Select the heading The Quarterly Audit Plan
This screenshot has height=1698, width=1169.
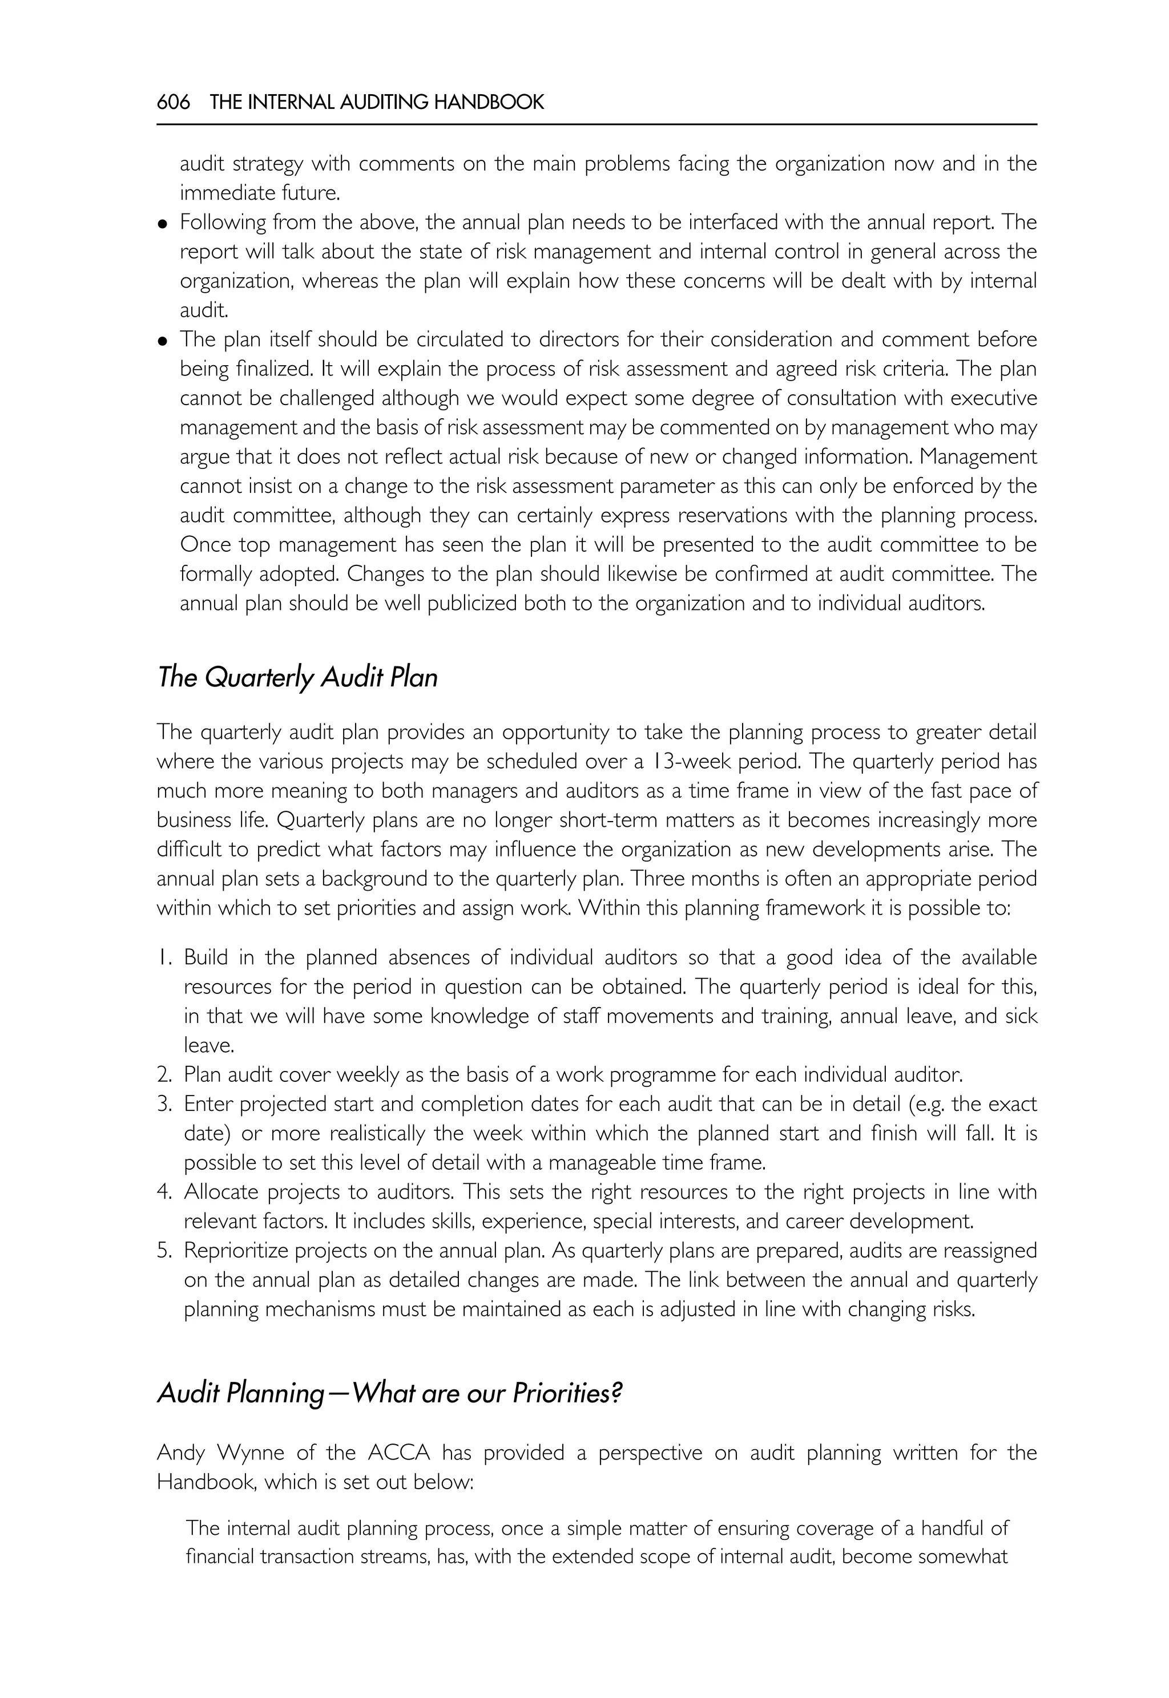click(x=297, y=677)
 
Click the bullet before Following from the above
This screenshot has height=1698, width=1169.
click(x=163, y=223)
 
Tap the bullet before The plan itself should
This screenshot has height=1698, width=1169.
click(x=163, y=341)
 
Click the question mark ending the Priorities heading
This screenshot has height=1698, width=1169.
click(x=616, y=1392)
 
